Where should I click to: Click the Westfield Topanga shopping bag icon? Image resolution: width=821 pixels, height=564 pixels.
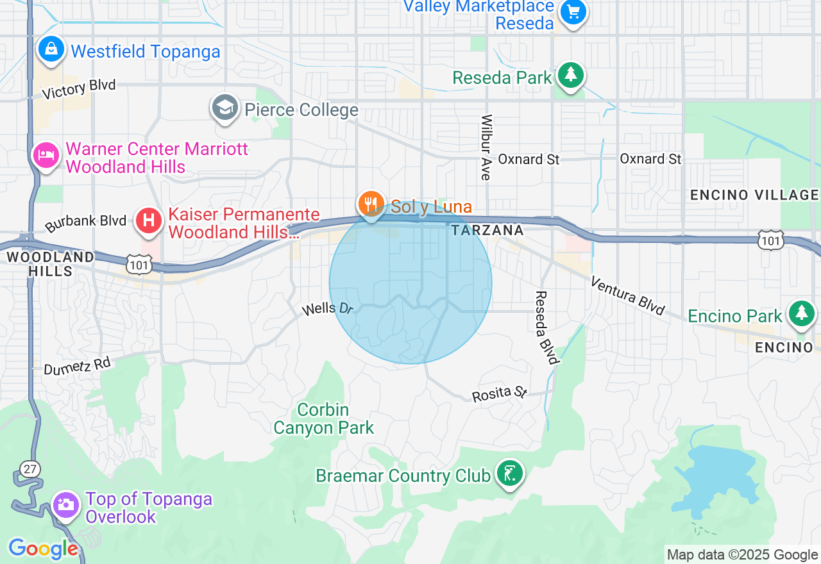(x=51, y=49)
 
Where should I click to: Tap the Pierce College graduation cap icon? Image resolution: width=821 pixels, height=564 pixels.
(x=225, y=108)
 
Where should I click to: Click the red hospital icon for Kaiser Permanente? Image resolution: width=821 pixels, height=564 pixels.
(x=149, y=221)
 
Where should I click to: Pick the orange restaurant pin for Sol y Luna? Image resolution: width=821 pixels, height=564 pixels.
(x=371, y=204)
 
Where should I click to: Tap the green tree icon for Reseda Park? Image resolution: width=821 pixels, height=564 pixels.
(x=570, y=76)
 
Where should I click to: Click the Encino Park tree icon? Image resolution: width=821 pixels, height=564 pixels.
(x=801, y=313)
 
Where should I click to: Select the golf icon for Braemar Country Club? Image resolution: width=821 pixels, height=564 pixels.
(x=510, y=474)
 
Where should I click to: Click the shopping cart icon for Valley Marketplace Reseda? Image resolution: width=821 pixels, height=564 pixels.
(x=573, y=12)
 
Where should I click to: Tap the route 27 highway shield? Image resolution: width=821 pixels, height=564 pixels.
(x=30, y=469)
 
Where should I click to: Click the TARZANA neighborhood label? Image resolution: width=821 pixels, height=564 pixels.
(x=487, y=230)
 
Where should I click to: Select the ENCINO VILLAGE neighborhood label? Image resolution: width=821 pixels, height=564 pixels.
(x=754, y=195)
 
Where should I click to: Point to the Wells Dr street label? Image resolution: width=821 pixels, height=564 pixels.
(x=328, y=308)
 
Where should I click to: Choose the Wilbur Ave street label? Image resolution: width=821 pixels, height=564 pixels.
(x=487, y=147)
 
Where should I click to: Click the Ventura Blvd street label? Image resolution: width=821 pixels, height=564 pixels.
(x=627, y=295)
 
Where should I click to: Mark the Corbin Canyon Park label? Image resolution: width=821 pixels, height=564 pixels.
(x=323, y=419)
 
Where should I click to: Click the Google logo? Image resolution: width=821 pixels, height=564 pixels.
(x=43, y=549)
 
